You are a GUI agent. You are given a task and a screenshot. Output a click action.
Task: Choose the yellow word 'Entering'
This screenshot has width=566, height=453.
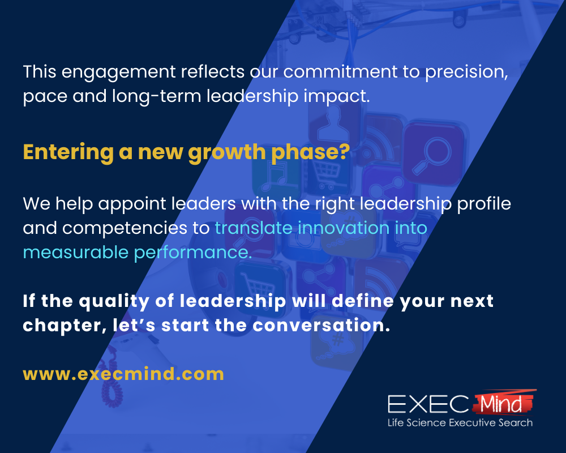click(59, 153)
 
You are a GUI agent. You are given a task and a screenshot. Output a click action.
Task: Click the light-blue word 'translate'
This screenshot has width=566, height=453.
click(253, 228)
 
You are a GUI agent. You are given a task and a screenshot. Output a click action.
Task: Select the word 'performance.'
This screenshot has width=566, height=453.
click(193, 253)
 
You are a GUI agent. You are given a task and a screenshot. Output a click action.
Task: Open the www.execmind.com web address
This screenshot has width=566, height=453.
click(123, 374)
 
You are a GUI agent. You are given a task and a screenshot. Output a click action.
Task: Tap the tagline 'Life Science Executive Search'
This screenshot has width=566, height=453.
click(460, 422)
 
